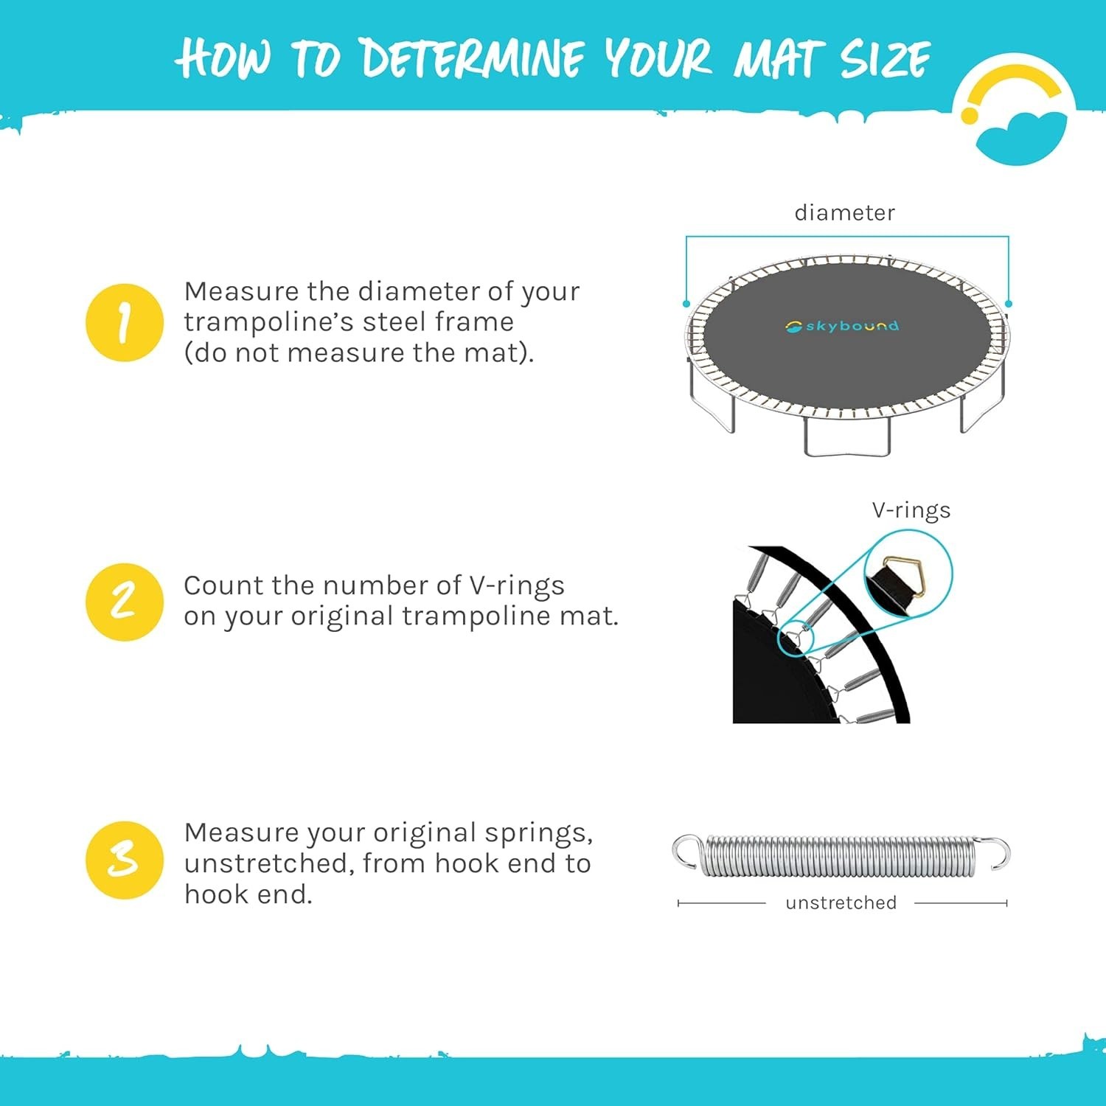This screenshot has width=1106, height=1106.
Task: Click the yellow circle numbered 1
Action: [124, 322]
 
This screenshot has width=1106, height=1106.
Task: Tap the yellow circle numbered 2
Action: [124, 602]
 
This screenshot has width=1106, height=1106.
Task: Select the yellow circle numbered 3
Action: [124, 860]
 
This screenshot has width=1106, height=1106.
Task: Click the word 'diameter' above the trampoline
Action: [844, 212]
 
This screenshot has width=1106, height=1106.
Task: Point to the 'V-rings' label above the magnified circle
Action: [911, 510]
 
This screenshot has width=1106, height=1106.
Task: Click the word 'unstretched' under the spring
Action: [841, 902]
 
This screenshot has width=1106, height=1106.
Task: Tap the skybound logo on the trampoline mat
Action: [842, 325]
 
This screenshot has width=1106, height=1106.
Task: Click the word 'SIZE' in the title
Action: [886, 59]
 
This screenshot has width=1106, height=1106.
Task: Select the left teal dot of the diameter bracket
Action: [686, 304]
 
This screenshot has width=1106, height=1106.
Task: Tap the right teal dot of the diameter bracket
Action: [1009, 304]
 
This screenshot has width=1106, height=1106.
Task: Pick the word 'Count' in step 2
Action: [224, 585]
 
